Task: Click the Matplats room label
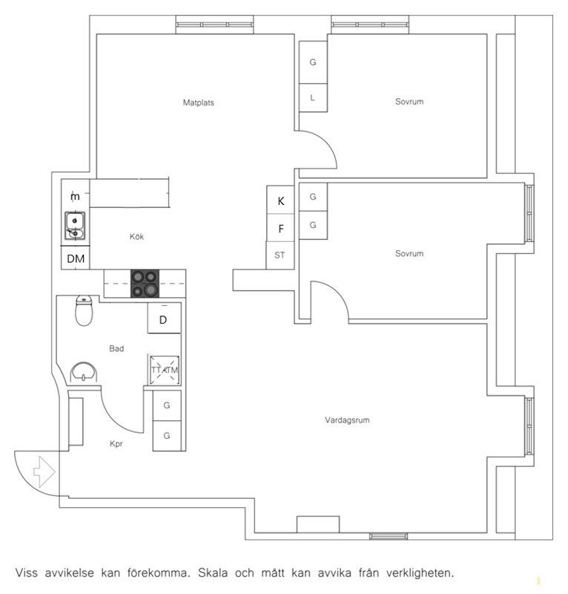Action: coord(198,102)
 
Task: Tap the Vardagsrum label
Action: coord(347,420)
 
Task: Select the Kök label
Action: coord(136,236)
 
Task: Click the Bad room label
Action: coord(116,348)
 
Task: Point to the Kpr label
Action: coord(116,443)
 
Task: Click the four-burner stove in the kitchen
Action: coord(145,284)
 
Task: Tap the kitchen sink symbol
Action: coord(75,226)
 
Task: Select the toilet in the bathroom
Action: coord(84,310)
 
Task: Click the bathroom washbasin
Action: coord(83,372)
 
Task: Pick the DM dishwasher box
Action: coord(76,258)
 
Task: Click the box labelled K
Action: coord(280,200)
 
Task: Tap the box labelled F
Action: coord(280,228)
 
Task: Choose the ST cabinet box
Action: coord(280,255)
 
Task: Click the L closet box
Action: coord(313,98)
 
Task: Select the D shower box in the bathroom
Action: coord(163,319)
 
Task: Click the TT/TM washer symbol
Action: coord(165,370)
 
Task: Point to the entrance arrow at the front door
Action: coord(44,471)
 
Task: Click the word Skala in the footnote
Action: coord(213,572)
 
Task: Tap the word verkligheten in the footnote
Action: coord(420,573)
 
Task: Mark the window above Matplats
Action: coord(214,25)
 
